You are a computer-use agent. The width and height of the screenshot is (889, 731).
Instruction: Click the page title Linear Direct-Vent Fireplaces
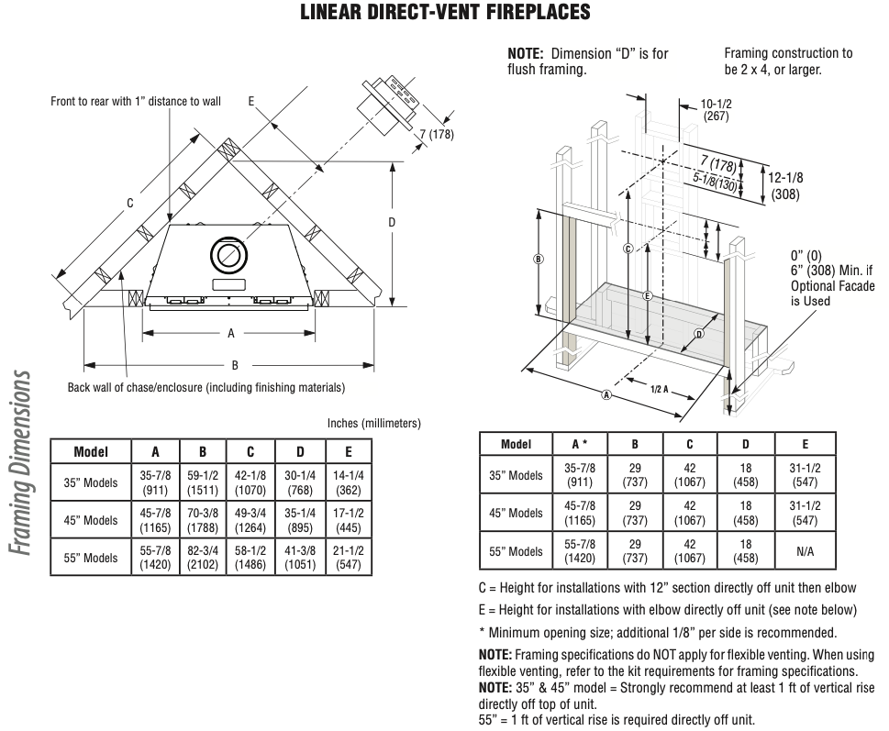click(445, 12)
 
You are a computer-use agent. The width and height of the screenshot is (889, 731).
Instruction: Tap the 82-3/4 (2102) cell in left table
click(203, 557)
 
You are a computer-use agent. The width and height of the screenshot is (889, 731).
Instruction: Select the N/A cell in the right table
click(806, 551)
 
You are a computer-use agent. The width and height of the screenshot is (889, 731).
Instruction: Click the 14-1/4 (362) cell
click(348, 482)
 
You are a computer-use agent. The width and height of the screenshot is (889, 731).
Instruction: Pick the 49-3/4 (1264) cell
click(250, 520)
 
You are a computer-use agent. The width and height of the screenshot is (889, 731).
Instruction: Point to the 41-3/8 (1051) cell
click(300, 557)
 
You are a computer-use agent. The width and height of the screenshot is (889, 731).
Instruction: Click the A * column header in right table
click(580, 444)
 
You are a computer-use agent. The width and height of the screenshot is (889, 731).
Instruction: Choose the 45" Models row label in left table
click(91, 520)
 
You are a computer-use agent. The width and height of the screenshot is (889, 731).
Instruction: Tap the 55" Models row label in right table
click(516, 551)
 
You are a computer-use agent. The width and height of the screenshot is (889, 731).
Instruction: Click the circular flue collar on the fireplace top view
click(228, 255)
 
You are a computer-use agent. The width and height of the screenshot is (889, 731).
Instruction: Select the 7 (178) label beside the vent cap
click(437, 134)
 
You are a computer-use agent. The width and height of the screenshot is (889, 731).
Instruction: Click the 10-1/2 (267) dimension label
click(716, 110)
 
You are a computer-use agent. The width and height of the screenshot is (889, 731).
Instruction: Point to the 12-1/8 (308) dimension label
click(785, 186)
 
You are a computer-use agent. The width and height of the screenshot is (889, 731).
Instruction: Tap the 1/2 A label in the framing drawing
click(659, 389)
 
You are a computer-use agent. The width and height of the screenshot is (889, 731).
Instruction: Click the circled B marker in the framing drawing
click(539, 259)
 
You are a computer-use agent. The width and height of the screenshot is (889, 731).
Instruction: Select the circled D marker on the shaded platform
click(699, 334)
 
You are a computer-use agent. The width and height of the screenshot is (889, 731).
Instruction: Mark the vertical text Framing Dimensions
click(20, 463)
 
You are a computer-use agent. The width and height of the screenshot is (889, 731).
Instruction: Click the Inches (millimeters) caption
click(374, 424)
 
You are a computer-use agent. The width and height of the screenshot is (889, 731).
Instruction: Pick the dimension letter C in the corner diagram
click(130, 203)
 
